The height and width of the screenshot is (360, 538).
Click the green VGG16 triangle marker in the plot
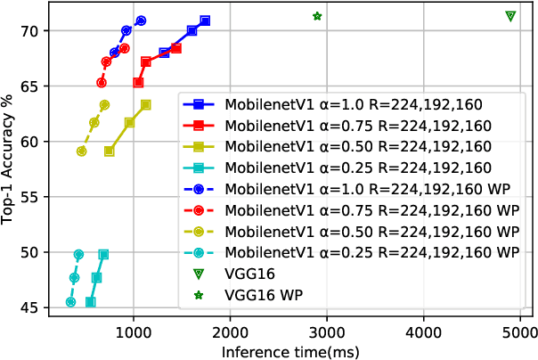[x=510, y=16]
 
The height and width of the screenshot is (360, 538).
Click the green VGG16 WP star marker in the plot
[x=317, y=16]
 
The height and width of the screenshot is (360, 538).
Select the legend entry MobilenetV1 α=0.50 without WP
[x=356, y=145]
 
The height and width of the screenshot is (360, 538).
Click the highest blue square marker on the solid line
[x=205, y=20]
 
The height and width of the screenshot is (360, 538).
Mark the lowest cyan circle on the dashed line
[x=70, y=302]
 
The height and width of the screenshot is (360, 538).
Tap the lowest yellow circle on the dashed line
[x=81, y=151]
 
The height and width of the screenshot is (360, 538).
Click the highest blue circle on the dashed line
[x=141, y=20]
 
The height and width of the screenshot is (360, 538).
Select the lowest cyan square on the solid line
[x=90, y=302]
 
